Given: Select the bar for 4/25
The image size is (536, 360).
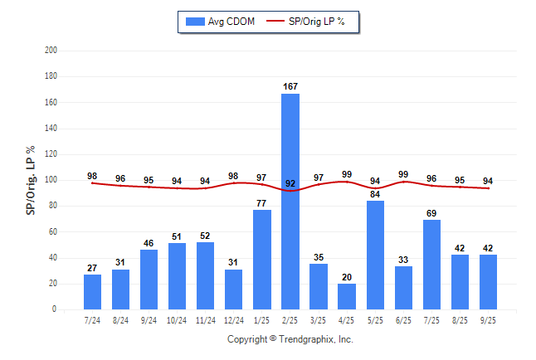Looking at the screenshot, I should tap(347, 296).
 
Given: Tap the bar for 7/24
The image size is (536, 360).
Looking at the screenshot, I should tap(92, 292).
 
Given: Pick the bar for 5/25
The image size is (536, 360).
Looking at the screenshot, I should tap(375, 255).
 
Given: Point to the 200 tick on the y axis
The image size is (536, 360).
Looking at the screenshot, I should tap(51, 51).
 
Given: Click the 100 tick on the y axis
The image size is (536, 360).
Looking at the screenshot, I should tap(51, 180).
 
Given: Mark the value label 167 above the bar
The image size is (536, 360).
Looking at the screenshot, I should tap(290, 86).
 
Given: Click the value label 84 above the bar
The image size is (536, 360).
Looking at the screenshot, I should tap(375, 194).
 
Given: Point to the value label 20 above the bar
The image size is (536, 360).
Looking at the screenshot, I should tap(347, 277).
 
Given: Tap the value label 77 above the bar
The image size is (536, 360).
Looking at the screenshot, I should tap(262, 203).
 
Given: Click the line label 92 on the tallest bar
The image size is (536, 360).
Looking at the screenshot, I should tap(290, 184).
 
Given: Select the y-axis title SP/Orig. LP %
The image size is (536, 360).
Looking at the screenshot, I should tap(31, 180).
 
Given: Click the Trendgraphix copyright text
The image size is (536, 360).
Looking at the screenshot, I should tap(290, 339).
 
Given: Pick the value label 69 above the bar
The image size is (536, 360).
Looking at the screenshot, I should tap(431, 213).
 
